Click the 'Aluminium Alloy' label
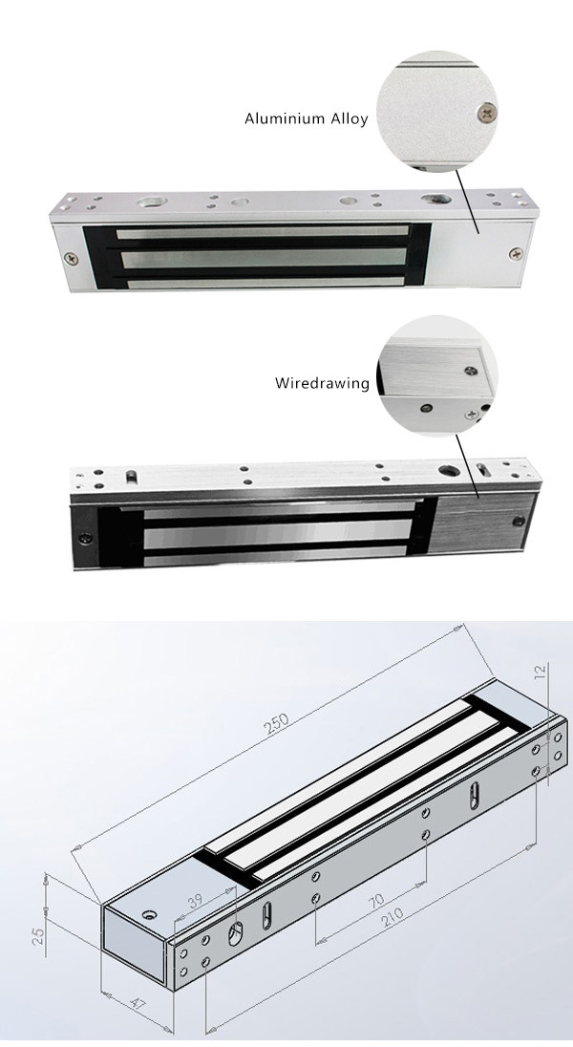tap(306, 119)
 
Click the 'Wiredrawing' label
tap(322, 384)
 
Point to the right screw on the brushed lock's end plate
tap(518, 522)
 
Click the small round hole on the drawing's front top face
tap(149, 914)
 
